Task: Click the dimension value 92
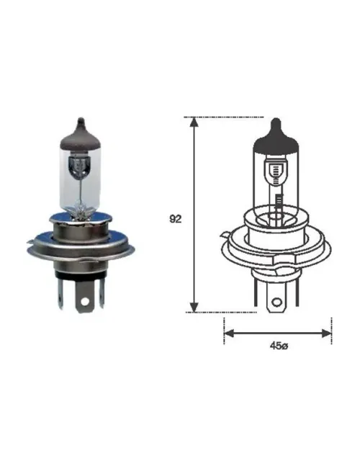pos(175,219)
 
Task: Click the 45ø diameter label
pos(279,346)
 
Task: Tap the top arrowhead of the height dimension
pos(194,122)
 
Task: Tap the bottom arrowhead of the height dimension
pos(194,308)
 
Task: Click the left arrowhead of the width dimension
pos(229,333)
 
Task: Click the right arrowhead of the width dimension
pos(326,333)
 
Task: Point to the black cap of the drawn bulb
pos(276,136)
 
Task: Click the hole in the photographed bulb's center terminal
pos(85,302)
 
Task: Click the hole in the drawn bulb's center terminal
pos(276,303)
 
